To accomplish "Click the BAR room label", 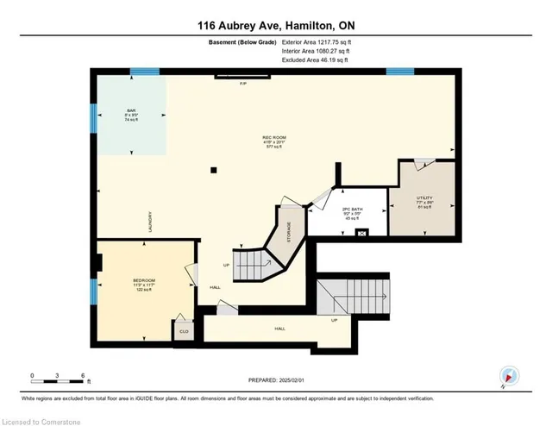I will tap(132, 110).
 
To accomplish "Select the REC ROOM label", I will tap(273, 137).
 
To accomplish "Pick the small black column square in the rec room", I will tap(214, 170).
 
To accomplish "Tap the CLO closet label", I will tap(184, 330).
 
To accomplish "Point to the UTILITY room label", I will tap(423, 198).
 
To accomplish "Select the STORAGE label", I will tap(289, 231).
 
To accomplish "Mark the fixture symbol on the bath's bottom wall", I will tap(362, 231).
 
